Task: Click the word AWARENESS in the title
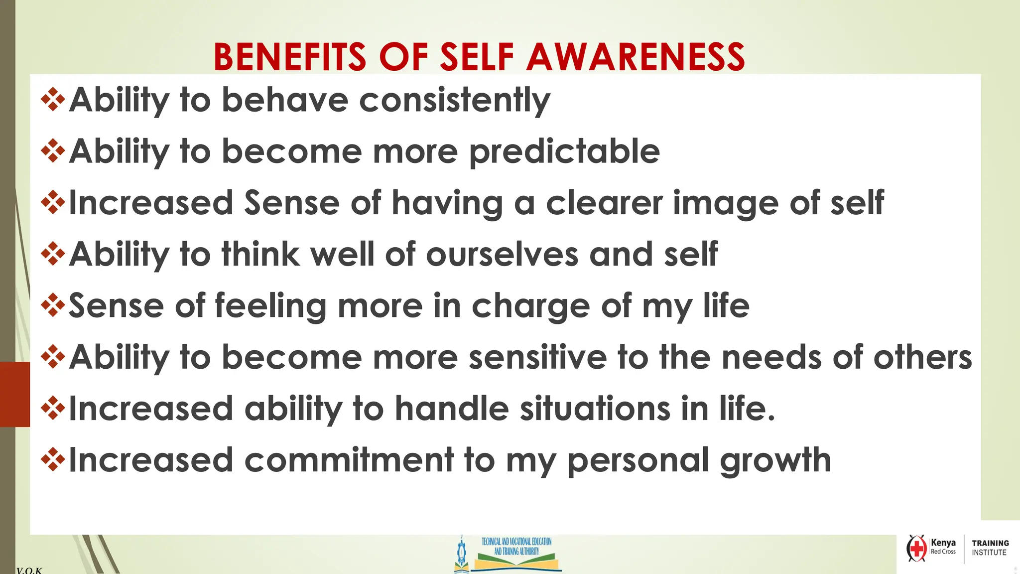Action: coord(636,57)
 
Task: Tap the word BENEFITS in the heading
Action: coord(290,57)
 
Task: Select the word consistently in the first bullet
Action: coord(454,101)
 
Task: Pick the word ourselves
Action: coord(502,255)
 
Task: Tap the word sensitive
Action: coord(538,358)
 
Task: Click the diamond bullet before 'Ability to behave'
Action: coord(53,99)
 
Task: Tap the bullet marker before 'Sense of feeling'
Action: coord(53,305)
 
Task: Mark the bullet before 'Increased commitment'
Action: coord(53,459)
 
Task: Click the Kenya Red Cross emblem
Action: coord(916,549)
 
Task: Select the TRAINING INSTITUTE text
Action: coord(990,548)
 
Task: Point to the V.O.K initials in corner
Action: coord(29,570)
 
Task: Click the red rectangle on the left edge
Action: coord(15,394)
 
